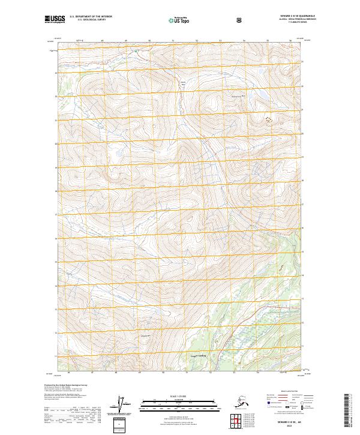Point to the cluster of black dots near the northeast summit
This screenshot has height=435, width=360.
coord(268,119)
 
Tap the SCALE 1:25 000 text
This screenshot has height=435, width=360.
coord(179,397)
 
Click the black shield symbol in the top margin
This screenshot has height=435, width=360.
coord(240,20)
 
